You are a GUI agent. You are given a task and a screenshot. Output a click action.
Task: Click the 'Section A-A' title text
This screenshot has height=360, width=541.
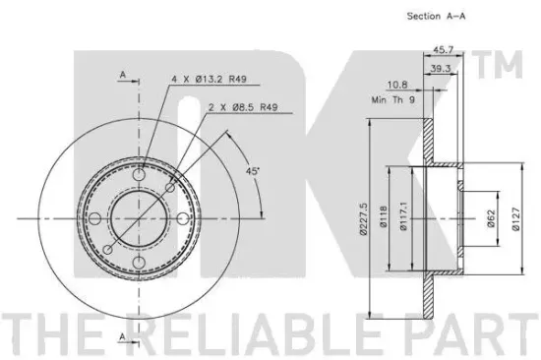coord(436,16)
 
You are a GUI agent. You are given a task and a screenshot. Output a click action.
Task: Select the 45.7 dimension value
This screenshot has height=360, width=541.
coord(444,50)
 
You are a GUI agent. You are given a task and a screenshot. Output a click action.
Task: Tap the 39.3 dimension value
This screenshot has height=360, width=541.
coord(441,68)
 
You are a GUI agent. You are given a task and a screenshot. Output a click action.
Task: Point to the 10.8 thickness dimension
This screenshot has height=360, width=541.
coord(397,85)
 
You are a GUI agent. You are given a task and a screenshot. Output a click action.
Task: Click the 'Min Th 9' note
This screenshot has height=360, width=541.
coord(393,100)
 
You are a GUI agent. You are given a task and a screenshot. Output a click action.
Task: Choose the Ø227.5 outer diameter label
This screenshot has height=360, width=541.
coord(363,218)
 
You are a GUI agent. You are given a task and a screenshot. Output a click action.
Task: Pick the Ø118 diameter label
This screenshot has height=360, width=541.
coord(384,216)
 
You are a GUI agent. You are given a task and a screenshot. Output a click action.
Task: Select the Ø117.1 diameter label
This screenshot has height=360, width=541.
coord(403,216)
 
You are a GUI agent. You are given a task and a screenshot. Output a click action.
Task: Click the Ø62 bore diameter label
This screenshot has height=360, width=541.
coord(491,218)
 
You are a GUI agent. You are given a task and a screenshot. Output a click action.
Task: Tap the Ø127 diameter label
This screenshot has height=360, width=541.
coord(515,218)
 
